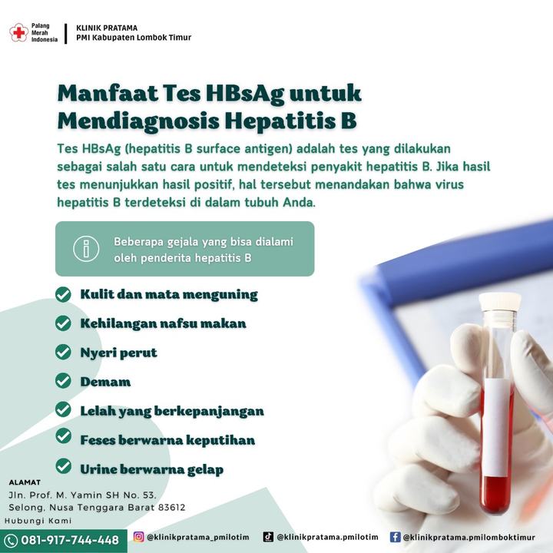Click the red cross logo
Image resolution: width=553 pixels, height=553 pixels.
pyautogui.click(x=18, y=33)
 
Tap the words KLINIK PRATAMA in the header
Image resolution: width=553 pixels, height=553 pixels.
pyautogui.click(x=107, y=28)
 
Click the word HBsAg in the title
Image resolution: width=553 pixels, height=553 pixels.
pyautogui.click(x=245, y=94)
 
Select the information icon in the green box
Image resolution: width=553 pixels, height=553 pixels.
pyautogui.click(x=86, y=249)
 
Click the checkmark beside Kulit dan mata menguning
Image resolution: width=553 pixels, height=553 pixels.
pyautogui.click(x=63, y=294)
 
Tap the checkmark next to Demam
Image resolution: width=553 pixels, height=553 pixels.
pyautogui.click(x=63, y=380)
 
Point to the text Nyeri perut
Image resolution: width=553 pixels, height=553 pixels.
pyautogui.click(x=118, y=353)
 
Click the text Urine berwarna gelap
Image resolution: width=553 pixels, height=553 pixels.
pyautogui.click(x=151, y=469)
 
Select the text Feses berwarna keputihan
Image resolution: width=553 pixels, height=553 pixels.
pyautogui.click(x=167, y=440)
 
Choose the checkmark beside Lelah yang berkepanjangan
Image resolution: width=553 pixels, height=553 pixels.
pyautogui.click(x=63, y=409)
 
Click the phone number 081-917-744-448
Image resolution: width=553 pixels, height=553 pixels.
pyautogui.click(x=70, y=540)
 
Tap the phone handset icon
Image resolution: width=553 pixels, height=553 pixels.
pyautogui.click(x=10, y=541)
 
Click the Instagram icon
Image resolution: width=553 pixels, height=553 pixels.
pyautogui.click(x=138, y=537)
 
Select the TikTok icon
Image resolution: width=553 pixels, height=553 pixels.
pyautogui.click(x=268, y=537)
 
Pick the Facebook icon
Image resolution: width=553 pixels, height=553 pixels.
pyautogui.click(x=395, y=537)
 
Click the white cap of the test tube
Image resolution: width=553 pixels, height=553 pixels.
pyautogui.click(x=500, y=301)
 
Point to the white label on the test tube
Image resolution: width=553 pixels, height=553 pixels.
pyautogui.click(x=497, y=427)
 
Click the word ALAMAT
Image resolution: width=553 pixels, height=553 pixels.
pyautogui.click(x=25, y=482)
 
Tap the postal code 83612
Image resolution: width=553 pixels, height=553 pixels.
pyautogui.click(x=171, y=508)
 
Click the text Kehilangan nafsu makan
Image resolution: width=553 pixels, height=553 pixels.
pyautogui.click(x=163, y=323)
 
